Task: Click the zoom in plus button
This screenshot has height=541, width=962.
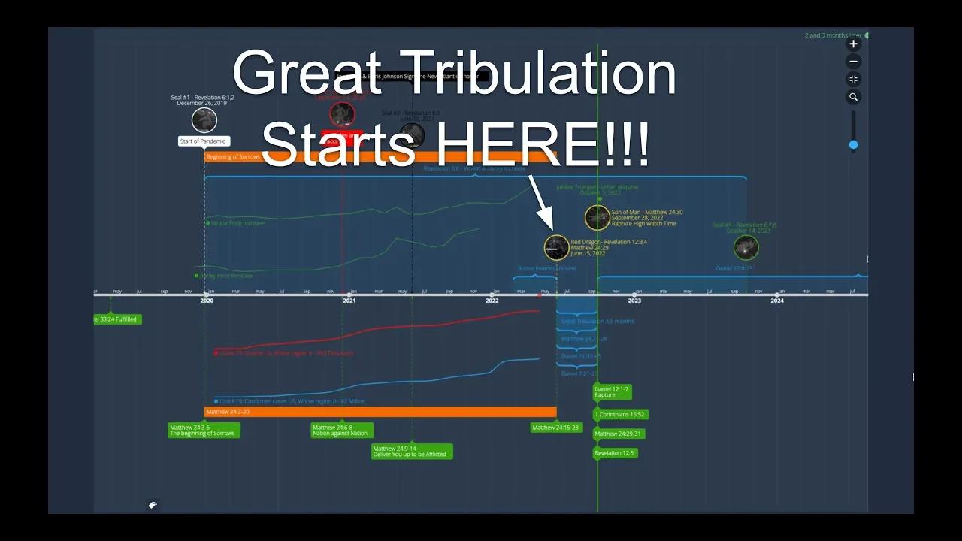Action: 853,44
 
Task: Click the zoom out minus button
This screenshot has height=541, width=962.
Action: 853,62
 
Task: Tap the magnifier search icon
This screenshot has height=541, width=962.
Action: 853,97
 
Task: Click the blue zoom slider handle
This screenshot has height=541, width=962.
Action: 853,144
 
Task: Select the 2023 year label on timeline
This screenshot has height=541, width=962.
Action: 634,301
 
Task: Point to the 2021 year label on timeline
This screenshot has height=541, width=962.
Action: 349,301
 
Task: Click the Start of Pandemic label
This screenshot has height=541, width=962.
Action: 204,141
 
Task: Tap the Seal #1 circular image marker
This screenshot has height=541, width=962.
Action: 204,120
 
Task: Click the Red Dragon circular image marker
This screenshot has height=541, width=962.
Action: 557,247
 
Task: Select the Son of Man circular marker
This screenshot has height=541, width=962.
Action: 597,218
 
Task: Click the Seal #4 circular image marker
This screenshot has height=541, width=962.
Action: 746,247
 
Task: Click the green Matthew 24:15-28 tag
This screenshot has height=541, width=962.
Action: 556,428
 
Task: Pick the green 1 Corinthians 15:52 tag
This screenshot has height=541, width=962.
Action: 619,414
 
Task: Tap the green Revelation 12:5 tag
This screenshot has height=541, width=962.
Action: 615,453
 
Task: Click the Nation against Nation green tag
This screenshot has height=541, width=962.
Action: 342,431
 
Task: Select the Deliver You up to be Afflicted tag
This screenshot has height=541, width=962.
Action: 412,452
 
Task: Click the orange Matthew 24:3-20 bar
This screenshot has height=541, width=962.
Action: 380,412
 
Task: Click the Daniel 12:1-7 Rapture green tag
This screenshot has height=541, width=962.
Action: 612,392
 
